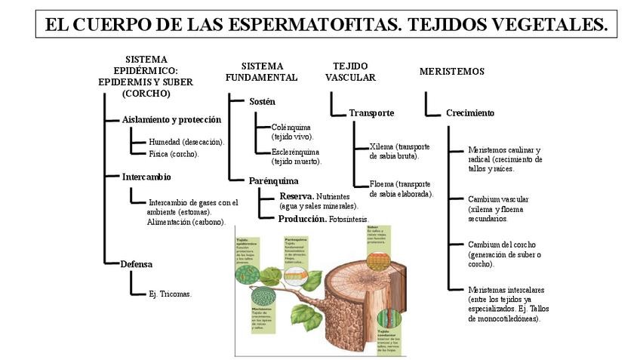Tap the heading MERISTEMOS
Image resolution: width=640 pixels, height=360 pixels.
(451, 72)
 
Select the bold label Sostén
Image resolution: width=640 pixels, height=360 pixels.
(262, 101)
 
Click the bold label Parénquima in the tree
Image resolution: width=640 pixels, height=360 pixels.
(273, 181)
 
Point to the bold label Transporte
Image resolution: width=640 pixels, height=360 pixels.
(371, 113)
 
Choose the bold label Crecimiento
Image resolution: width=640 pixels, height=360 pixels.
(470, 113)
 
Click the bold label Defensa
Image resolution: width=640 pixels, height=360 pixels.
(137, 264)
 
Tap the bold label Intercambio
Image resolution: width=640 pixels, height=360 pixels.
(146, 177)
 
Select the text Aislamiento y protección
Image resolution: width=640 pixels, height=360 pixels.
(171, 119)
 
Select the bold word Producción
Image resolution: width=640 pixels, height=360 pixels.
(302, 219)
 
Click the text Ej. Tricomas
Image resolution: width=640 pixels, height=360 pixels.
(170, 294)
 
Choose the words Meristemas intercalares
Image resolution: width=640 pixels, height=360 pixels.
(506, 290)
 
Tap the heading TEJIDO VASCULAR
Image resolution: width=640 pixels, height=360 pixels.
(350, 72)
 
